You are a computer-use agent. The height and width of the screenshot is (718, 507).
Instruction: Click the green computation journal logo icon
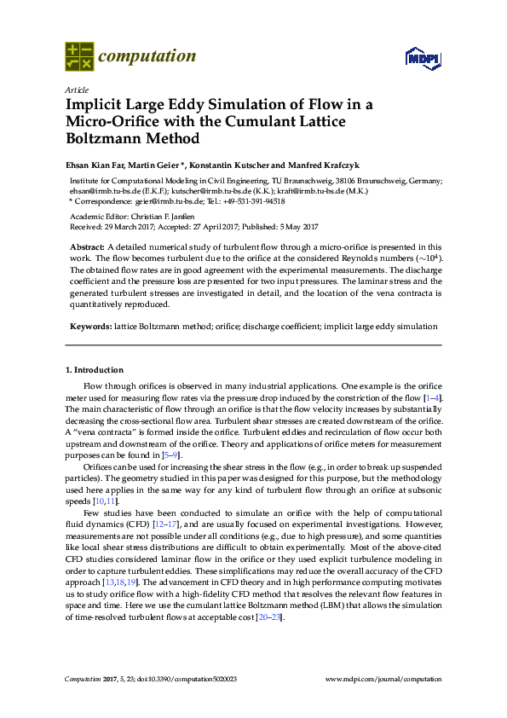click(79, 57)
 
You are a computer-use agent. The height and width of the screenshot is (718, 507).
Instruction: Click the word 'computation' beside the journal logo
click(147, 57)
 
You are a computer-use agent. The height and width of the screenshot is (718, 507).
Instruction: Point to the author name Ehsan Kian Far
click(98, 165)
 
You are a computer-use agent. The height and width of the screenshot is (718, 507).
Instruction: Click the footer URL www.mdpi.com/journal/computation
click(384, 680)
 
